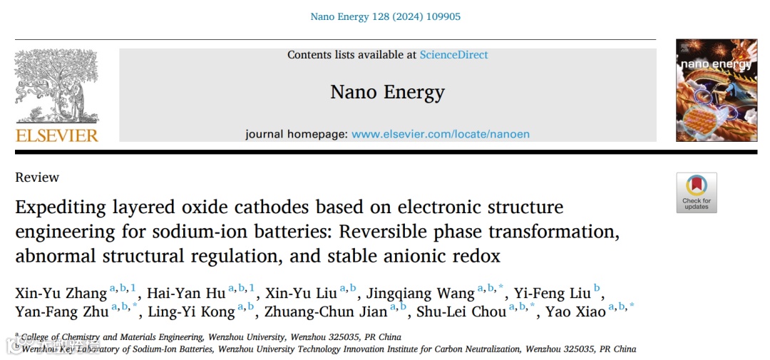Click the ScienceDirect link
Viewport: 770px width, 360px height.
tap(453, 55)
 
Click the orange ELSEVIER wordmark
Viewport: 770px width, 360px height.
tap(56, 135)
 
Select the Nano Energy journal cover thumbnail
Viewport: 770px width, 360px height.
tap(716, 90)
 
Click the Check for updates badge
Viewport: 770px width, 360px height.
tap(697, 192)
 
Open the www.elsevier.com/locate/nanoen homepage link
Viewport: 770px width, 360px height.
tap(441, 134)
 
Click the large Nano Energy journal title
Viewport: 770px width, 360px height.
tap(387, 92)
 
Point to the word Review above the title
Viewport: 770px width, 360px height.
tap(37, 178)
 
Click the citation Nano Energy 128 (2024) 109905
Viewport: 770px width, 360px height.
tap(385, 16)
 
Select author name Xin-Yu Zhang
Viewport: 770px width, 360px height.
tap(61, 293)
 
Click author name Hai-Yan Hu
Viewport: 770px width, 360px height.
tap(186, 293)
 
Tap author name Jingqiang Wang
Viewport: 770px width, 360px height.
tap(420, 293)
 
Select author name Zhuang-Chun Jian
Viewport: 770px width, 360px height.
tap(325, 312)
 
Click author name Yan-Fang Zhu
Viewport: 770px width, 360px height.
tap(61, 312)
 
